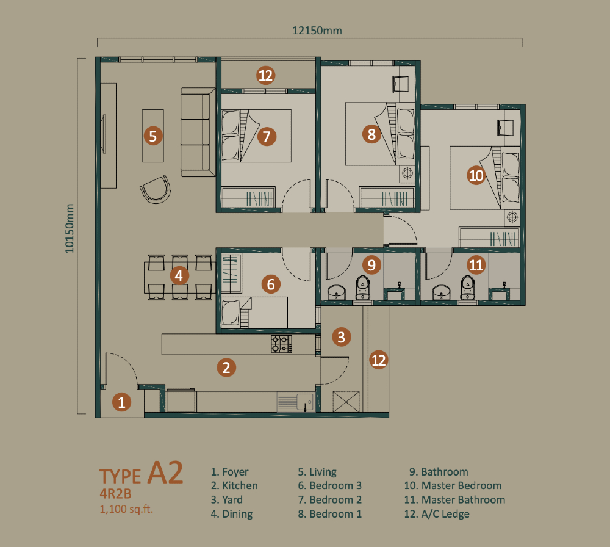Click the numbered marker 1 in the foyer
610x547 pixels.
[x=121, y=402]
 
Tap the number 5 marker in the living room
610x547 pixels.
[x=153, y=136]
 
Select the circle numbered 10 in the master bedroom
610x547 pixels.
[x=476, y=175]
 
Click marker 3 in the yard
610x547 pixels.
[x=341, y=337]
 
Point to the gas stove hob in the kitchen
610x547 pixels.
[x=281, y=344]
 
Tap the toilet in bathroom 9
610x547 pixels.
[x=362, y=288]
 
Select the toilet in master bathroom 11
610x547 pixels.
[x=468, y=288]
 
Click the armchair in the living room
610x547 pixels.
[x=156, y=189]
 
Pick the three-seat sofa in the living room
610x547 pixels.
[x=198, y=132]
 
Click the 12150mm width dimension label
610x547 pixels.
[x=317, y=31]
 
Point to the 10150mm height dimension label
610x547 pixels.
[x=70, y=228]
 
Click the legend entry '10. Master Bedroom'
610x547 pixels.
[x=453, y=485]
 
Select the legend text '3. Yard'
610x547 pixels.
[x=226, y=499]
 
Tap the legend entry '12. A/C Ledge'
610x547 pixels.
[x=437, y=514]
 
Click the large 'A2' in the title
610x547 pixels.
[x=165, y=473]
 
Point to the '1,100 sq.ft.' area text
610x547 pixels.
[x=126, y=509]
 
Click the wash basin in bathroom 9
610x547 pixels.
[x=337, y=292]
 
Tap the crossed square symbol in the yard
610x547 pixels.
[x=346, y=402]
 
